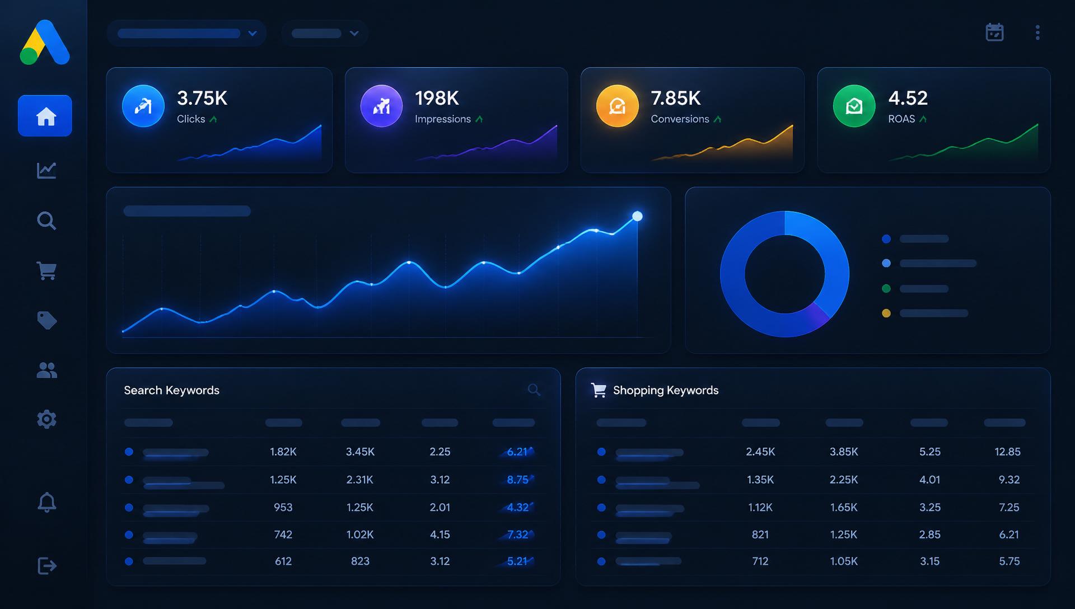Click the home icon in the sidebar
(46, 116)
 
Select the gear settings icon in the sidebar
(46, 419)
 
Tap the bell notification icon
(46, 502)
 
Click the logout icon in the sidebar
(47, 566)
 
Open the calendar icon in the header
(994, 32)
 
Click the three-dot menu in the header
(1037, 32)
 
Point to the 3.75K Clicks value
(202, 99)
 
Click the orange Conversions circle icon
(617, 106)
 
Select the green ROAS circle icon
(854, 106)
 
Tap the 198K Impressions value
(437, 99)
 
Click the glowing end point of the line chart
(637, 216)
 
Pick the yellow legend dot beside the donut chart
(886, 313)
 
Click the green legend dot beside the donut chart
(886, 289)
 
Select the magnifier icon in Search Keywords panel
(534, 390)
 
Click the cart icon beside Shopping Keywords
(599, 390)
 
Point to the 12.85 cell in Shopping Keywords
(1007, 452)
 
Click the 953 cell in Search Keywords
(283, 507)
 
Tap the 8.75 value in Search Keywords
(517, 480)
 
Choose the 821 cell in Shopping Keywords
(760, 535)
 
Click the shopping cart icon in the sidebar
(46, 271)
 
